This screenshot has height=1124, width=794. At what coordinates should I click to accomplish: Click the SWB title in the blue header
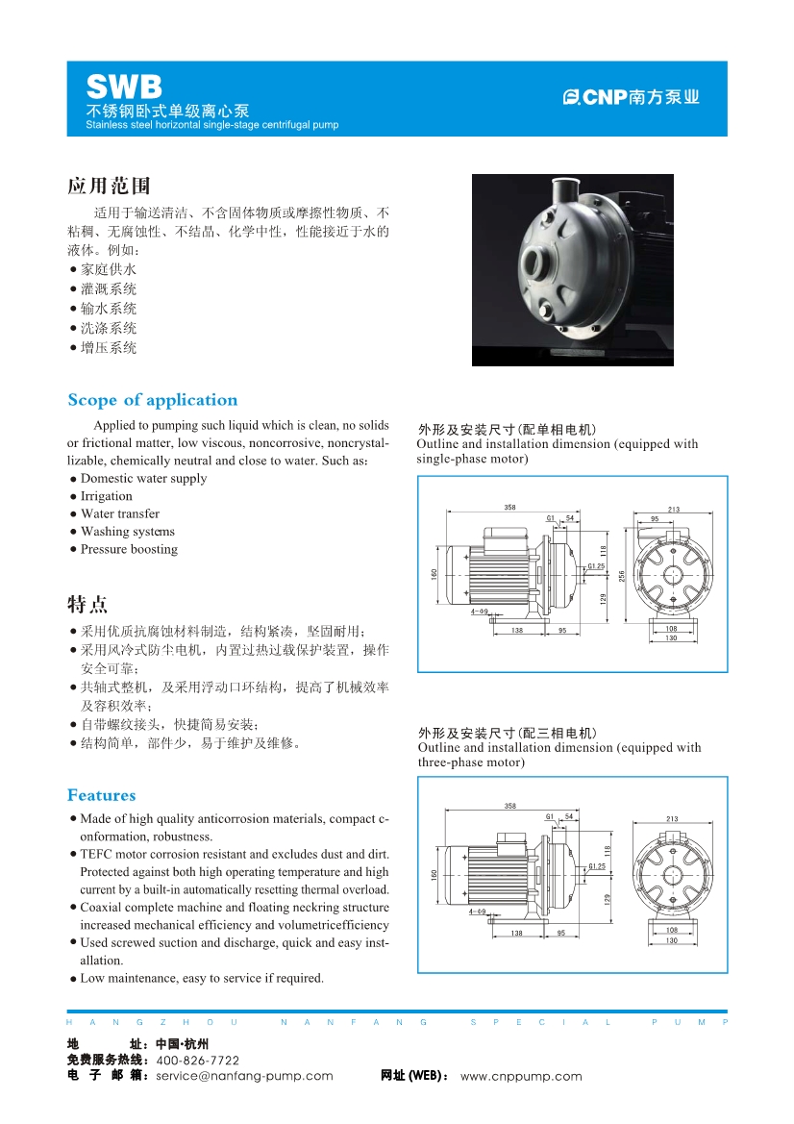point(124,87)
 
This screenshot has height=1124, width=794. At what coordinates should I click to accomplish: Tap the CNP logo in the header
point(631,97)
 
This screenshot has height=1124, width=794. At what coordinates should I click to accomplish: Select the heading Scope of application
point(152,400)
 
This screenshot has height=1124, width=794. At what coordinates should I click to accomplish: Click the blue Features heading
point(101,795)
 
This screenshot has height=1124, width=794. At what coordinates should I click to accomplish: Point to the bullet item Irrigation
point(106,496)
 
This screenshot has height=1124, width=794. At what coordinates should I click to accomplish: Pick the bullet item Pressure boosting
point(129,549)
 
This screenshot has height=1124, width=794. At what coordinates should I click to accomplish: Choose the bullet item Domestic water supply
point(143,479)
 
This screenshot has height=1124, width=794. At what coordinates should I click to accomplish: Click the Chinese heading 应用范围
point(109,186)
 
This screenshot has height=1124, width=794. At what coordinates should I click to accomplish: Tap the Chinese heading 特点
point(87,605)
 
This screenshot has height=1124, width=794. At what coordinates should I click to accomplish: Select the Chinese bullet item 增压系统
point(108,348)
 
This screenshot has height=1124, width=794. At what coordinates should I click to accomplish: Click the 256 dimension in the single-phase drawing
point(622,575)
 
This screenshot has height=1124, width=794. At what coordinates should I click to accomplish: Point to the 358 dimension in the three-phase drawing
point(510,806)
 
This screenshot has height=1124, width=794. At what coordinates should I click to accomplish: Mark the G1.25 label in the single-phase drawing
point(596,566)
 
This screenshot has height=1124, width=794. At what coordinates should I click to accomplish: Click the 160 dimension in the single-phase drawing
point(434,574)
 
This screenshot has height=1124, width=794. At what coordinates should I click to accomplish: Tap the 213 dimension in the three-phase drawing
point(672,819)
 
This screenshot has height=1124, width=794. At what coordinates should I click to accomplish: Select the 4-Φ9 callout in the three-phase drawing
point(478,911)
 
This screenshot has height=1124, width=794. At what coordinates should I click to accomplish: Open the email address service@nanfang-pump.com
point(244,1077)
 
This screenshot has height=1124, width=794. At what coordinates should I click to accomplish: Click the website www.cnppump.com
point(521,1077)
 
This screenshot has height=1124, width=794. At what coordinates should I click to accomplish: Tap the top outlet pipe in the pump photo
point(565,189)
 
